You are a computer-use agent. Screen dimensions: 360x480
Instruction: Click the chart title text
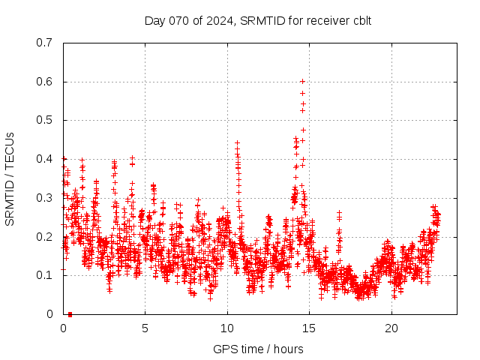[258, 20]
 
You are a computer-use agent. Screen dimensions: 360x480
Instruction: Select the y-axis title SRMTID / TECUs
[10, 178]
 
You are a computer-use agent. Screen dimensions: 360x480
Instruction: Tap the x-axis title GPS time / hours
[258, 349]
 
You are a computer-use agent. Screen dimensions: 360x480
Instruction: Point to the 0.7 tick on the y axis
[44, 43]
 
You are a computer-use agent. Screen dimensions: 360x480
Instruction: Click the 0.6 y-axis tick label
[44, 82]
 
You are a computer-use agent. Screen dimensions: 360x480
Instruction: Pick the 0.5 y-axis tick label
[44, 120]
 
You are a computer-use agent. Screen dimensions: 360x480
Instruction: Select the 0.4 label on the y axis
[44, 159]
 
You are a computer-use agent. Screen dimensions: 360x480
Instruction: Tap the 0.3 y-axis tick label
[44, 198]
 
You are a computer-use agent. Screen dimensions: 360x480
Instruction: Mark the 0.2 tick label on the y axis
[44, 236]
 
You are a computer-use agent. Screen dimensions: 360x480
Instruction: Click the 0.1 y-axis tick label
[44, 275]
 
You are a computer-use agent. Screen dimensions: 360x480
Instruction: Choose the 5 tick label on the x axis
[145, 328]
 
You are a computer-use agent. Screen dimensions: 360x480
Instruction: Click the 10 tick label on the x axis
[227, 328]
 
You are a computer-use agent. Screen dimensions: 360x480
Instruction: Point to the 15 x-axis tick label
[310, 328]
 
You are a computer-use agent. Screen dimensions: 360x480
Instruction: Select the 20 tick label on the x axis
[391, 328]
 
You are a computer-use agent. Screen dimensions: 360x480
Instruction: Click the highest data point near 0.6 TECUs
[302, 81]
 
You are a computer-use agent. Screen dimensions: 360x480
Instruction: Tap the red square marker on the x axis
[70, 313]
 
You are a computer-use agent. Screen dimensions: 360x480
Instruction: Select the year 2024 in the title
[220, 20]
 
